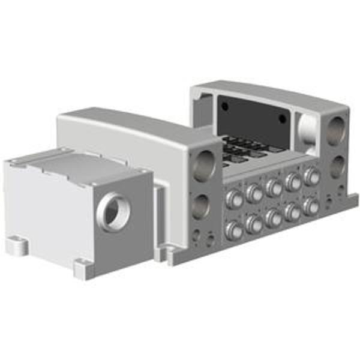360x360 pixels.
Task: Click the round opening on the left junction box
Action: coord(112,212)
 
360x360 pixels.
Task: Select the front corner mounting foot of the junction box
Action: coord(84,267)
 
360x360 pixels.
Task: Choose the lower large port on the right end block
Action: coord(337,166)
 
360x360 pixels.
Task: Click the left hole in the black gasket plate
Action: coord(225,106)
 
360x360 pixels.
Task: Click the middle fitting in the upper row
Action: coord(274,187)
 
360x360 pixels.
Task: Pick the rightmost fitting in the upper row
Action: coord(311,176)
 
